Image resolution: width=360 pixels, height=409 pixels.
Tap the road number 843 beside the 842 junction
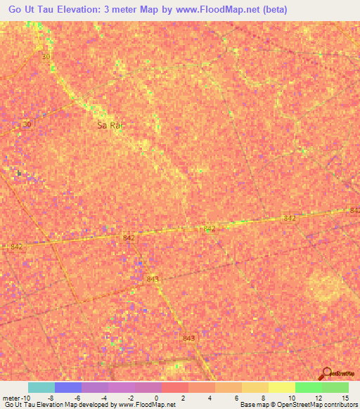153,279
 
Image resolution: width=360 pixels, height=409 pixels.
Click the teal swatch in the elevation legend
41,387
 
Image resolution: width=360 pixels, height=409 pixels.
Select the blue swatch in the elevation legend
68,387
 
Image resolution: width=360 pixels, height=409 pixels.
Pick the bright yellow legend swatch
281,387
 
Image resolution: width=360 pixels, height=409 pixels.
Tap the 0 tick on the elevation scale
155,398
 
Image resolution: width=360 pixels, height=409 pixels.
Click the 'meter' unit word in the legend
11,398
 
